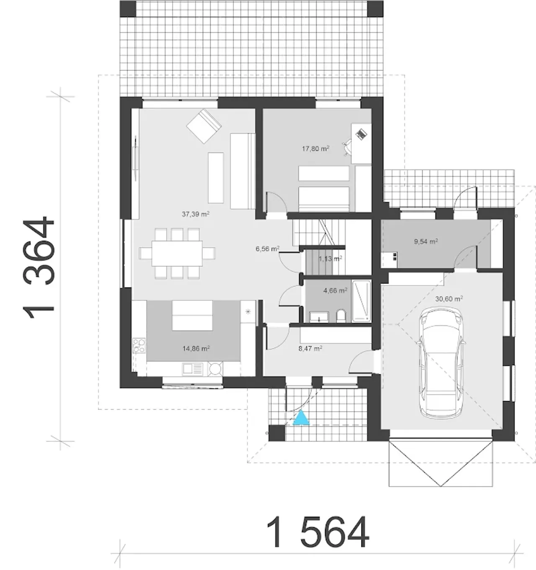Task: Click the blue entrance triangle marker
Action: [301, 418]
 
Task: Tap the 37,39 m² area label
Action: [196, 214]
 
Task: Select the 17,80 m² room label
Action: [315, 149]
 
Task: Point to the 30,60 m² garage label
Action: [449, 299]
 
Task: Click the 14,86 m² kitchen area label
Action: [196, 349]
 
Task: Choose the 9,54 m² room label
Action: [426, 241]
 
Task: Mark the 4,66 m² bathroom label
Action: [335, 290]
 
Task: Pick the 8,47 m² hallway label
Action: [310, 348]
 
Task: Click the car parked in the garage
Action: [441, 363]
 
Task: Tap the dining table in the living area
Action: [177, 254]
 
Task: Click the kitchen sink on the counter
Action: [193, 369]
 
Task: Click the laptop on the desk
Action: [361, 134]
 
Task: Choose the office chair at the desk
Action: [347, 147]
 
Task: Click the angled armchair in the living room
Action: [204, 126]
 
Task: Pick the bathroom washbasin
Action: [319, 317]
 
